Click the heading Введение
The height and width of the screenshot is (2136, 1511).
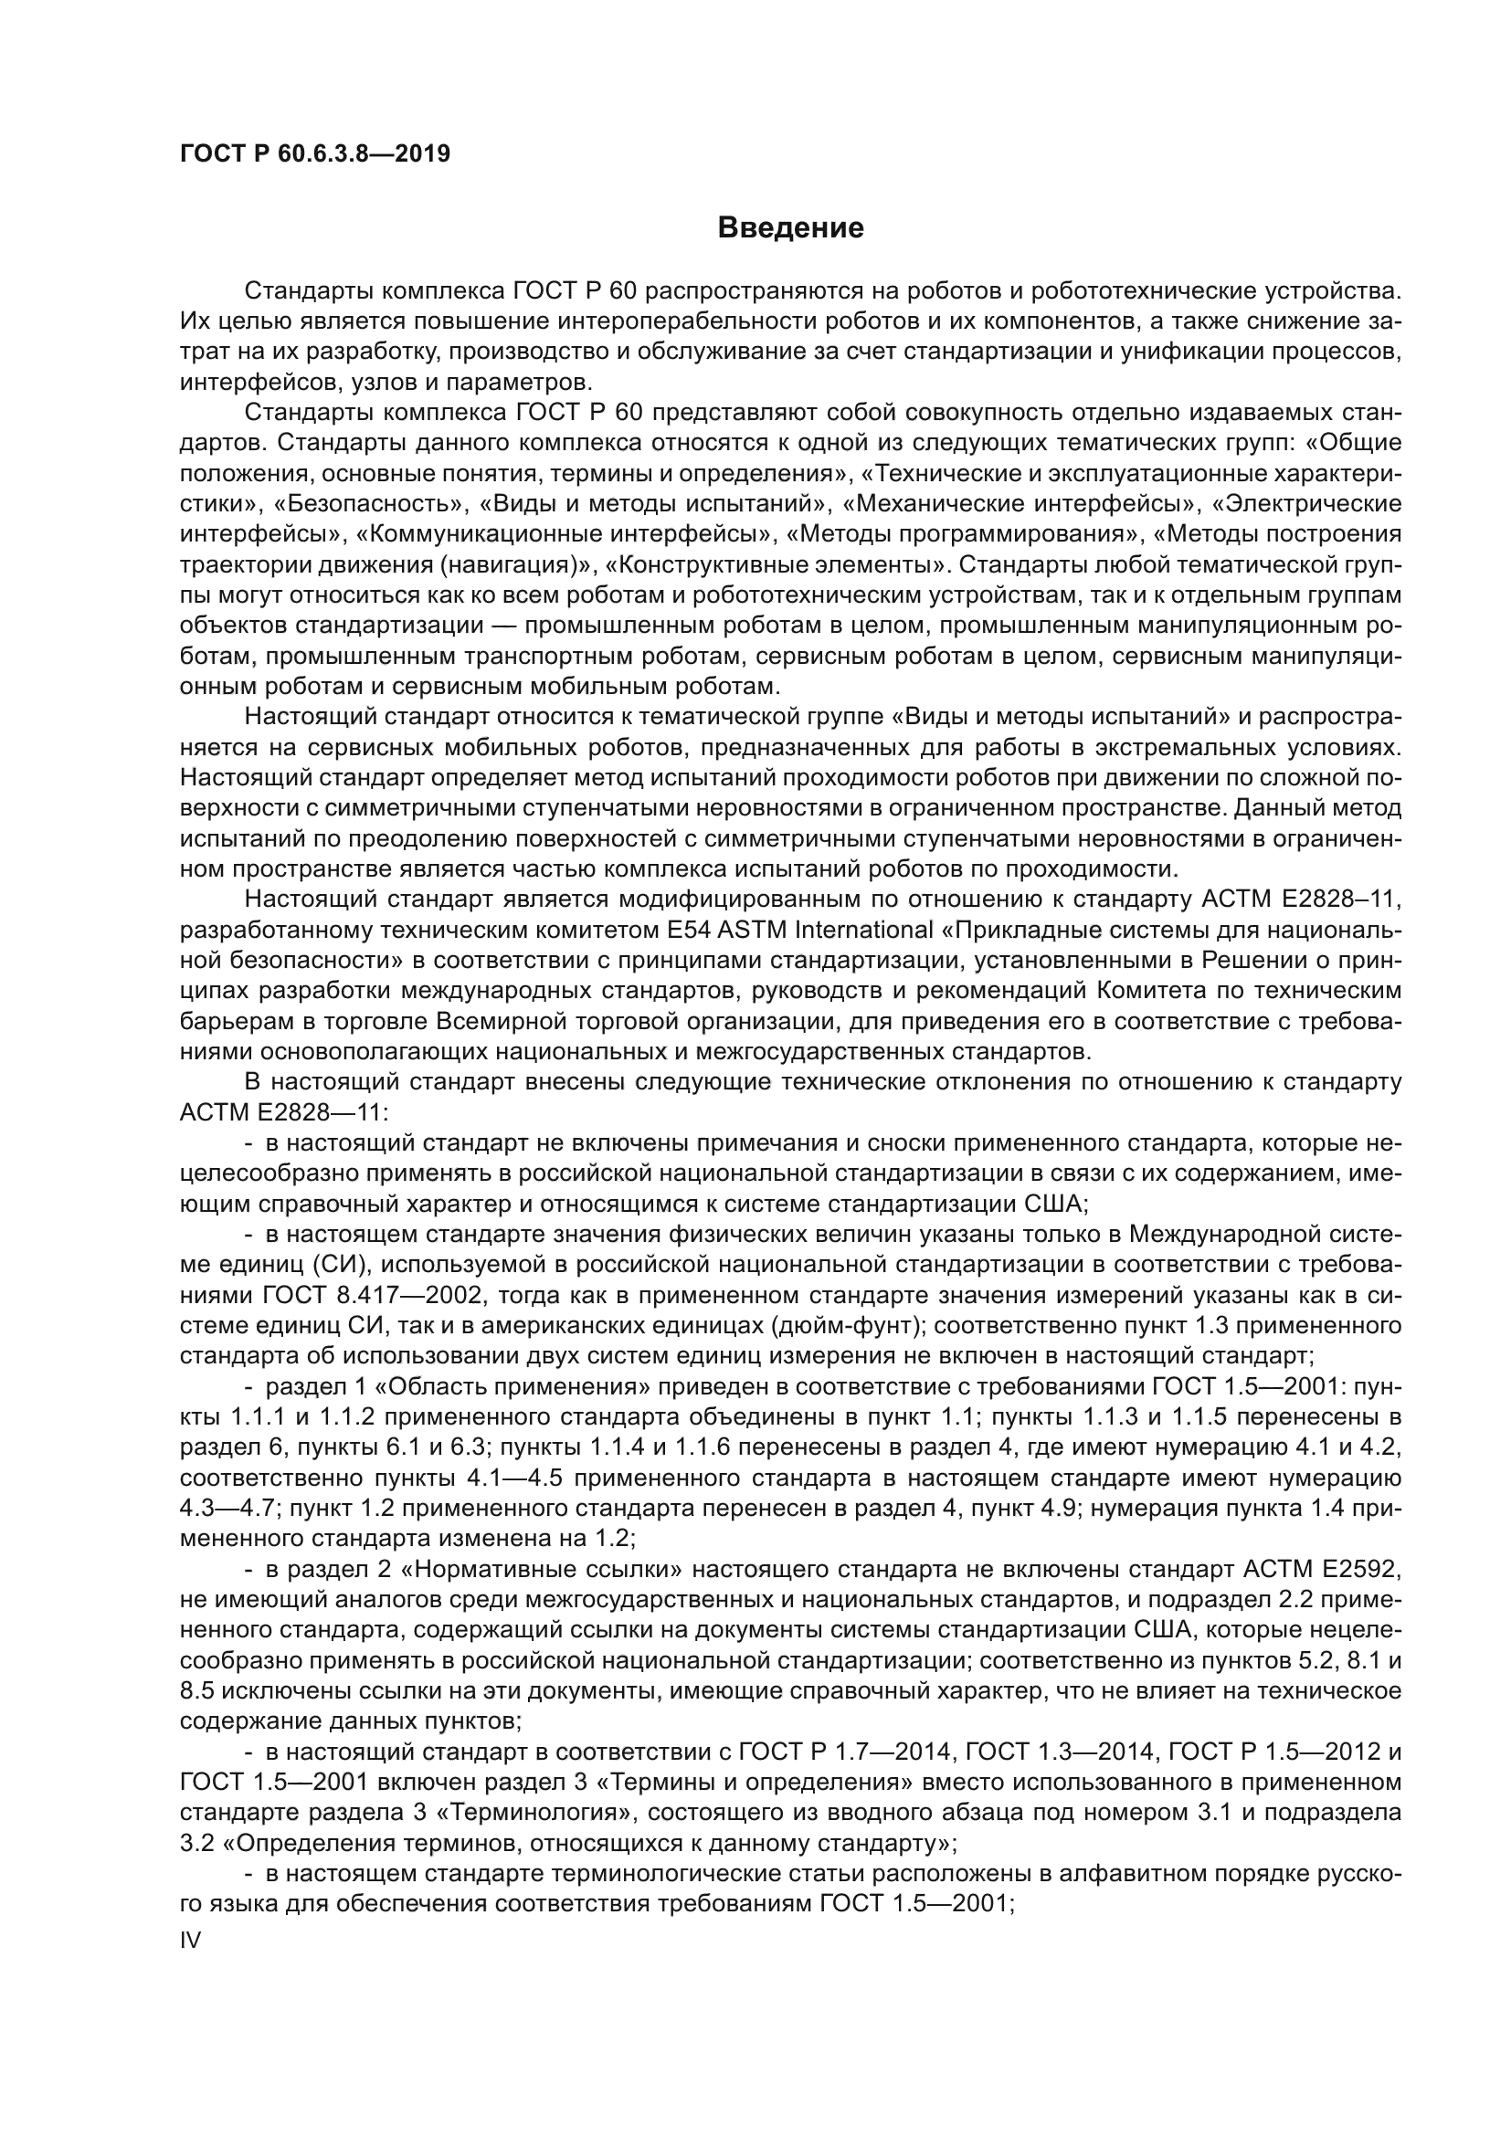[x=790, y=228]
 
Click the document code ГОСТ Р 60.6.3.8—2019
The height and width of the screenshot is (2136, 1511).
[x=314, y=153]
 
